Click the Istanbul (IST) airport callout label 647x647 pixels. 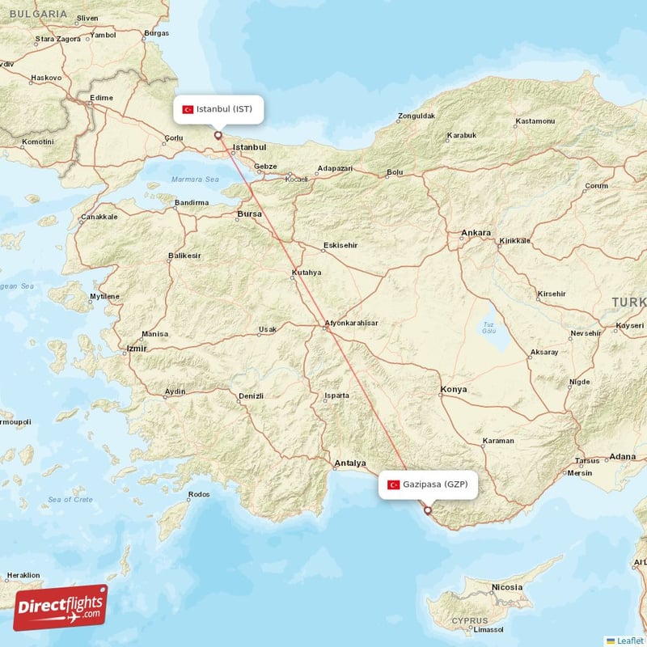pos(218,109)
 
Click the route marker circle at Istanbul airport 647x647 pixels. pos(218,135)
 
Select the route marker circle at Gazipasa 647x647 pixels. pos(428,510)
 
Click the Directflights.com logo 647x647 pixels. pos(60,607)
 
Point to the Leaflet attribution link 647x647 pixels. pos(629,640)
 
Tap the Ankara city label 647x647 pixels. pos(476,233)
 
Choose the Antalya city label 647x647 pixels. pos(350,463)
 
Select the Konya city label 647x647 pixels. pos(453,389)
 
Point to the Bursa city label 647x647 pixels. pos(250,214)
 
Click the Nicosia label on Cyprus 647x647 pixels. pos(506,586)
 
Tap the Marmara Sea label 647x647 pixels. pos(195,180)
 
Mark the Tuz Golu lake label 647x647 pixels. pos(488,328)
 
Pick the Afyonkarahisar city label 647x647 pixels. pos(351,323)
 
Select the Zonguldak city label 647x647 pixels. pos(417,116)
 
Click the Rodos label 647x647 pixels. pos(198,494)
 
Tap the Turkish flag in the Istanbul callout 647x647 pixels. pos(188,109)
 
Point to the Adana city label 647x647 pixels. pos(623,456)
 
